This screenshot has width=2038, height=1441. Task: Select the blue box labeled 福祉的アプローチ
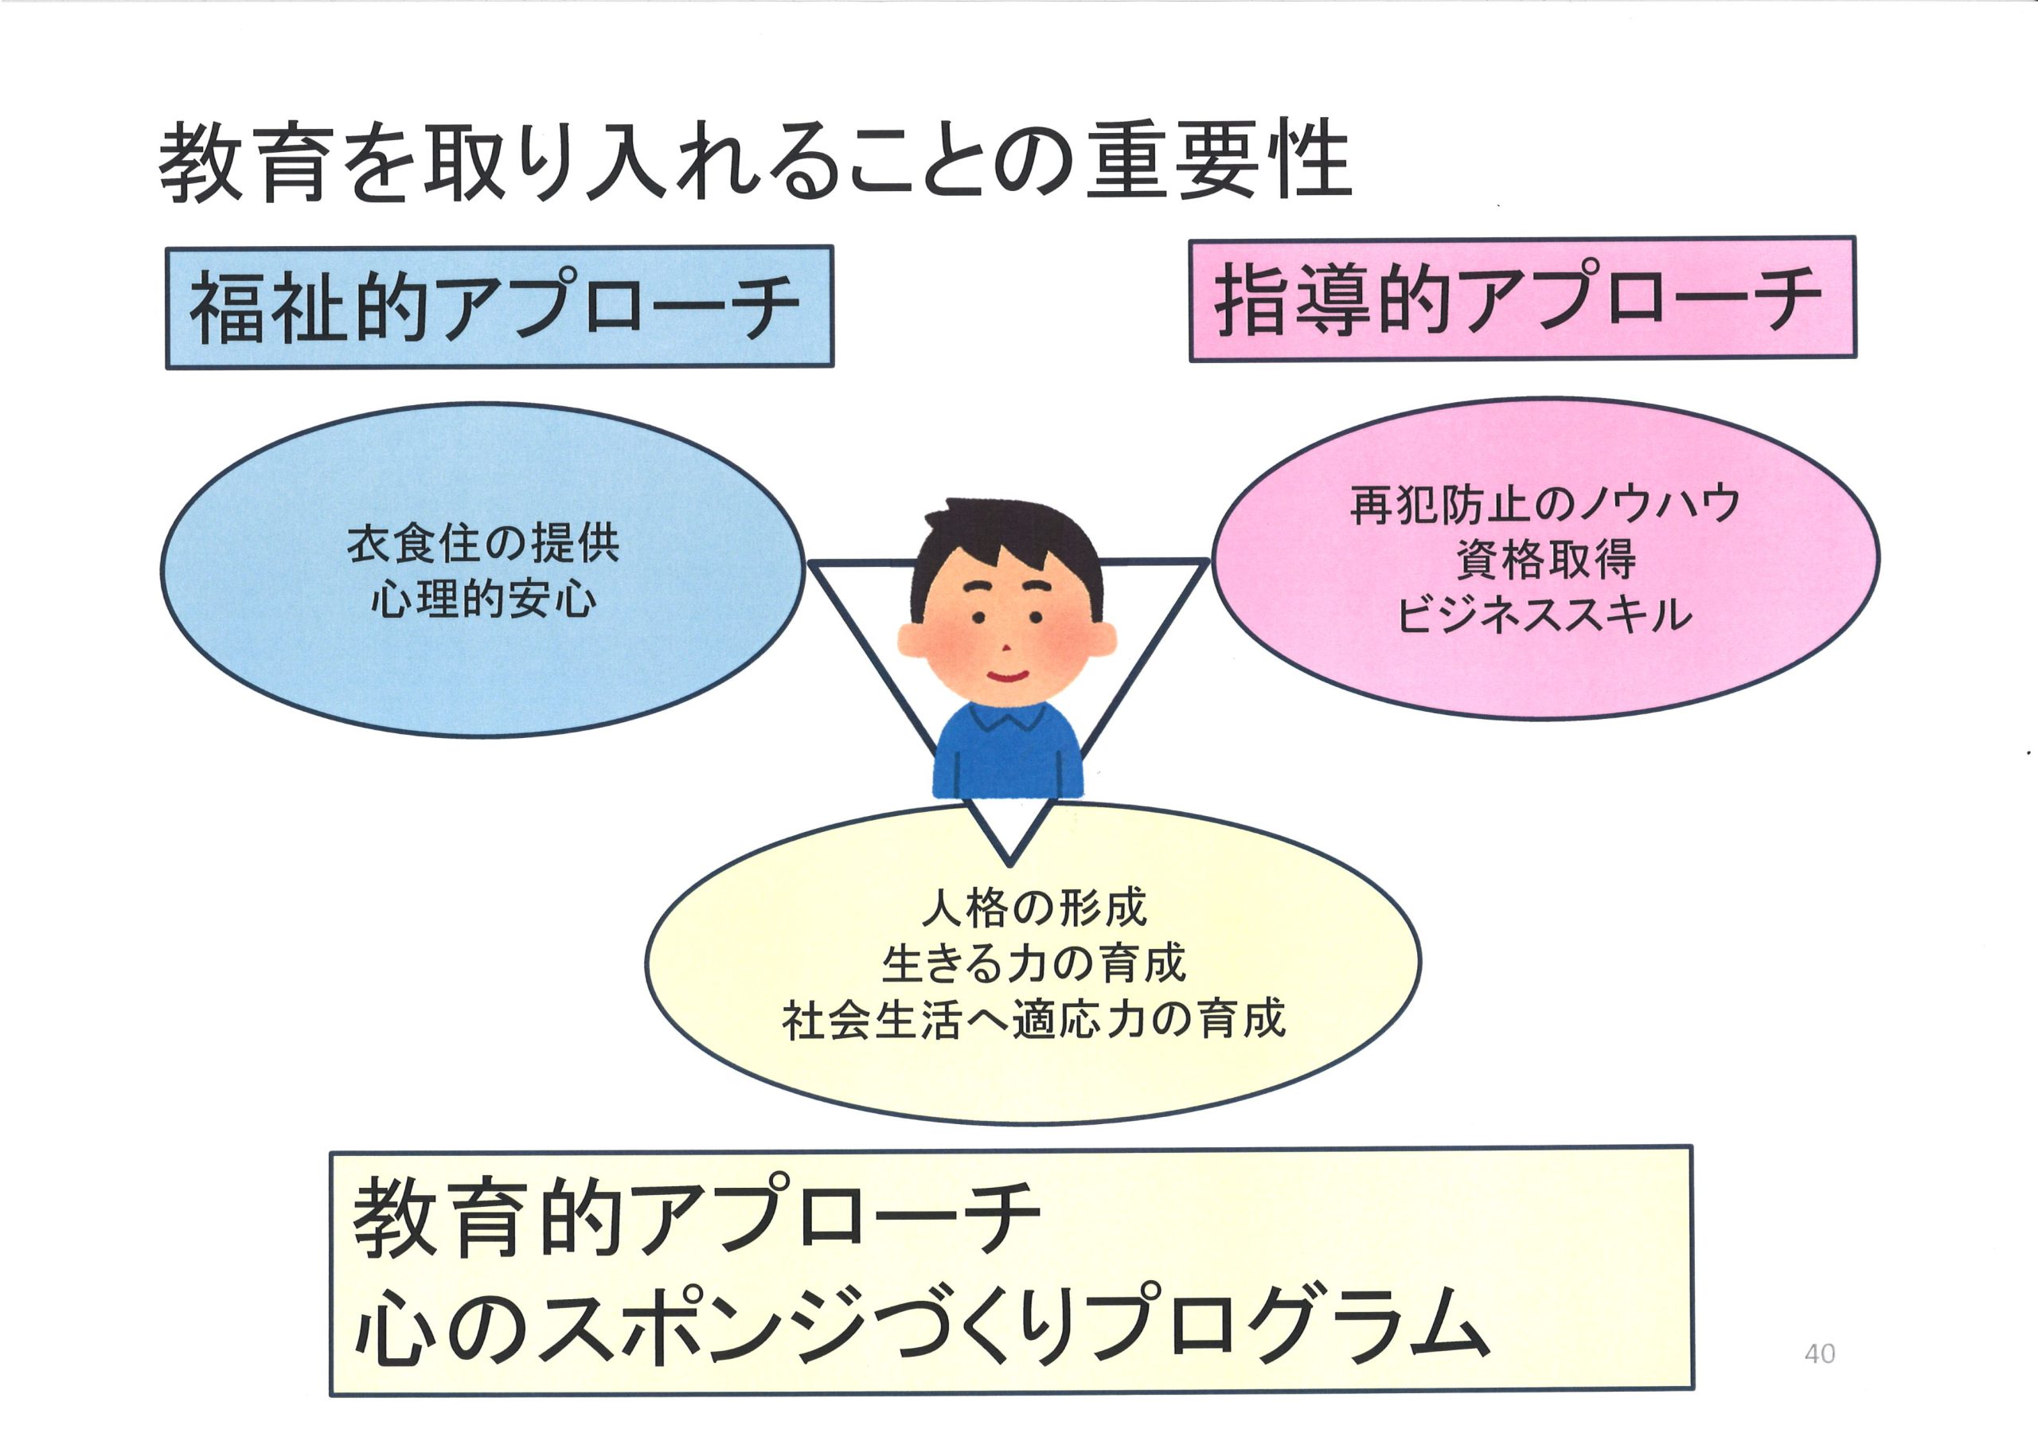500,307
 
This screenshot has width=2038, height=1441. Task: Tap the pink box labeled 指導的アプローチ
1522,299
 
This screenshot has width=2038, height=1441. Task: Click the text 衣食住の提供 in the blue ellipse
483,544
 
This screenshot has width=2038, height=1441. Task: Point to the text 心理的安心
483,599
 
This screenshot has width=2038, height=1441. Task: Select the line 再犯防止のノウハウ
1545,504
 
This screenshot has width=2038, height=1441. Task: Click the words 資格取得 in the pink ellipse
1545,560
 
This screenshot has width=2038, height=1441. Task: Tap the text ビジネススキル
1545,615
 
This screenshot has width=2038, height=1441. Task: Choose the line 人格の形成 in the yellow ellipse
1034,908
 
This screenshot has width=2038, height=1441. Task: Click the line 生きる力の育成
1034,963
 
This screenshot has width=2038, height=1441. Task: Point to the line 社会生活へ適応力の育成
1034,1019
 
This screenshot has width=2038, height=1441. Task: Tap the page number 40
1820,1354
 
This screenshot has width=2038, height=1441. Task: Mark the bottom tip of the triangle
1009,864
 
